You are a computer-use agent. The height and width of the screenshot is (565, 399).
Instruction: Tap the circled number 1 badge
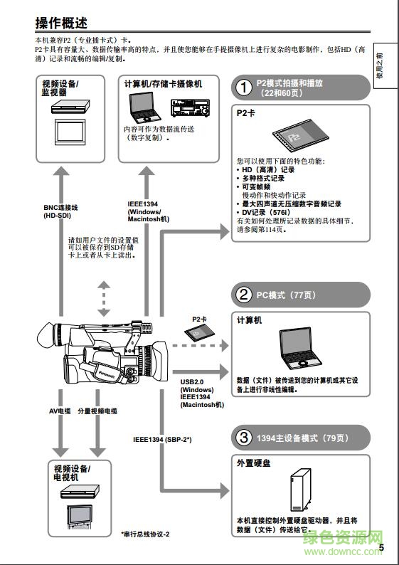(244, 88)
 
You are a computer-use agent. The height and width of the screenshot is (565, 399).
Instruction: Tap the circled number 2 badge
(244, 294)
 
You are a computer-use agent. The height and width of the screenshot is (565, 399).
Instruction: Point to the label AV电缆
(60, 411)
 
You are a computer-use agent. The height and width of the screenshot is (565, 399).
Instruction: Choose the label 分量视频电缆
(97, 411)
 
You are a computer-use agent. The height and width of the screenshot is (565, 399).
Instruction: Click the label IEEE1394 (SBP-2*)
(162, 439)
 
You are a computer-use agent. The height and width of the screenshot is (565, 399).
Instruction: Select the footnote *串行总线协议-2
(146, 534)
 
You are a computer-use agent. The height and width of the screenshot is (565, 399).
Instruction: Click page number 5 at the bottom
(381, 547)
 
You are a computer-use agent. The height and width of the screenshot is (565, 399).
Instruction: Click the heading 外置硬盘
(252, 463)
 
